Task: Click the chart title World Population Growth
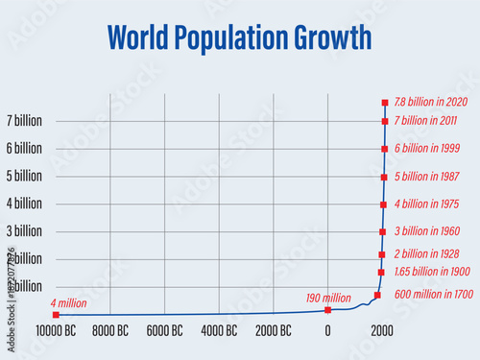click(x=239, y=37)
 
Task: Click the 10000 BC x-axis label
click(x=56, y=331)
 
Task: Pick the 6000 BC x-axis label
click(x=164, y=331)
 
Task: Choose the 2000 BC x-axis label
click(x=274, y=331)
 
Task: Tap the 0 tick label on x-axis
click(x=327, y=331)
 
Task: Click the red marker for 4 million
click(x=56, y=314)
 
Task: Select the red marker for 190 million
click(x=327, y=309)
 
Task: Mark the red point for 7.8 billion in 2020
click(x=385, y=102)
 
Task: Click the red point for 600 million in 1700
click(x=377, y=295)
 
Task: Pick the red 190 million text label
click(x=328, y=298)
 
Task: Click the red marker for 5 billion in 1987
click(x=384, y=177)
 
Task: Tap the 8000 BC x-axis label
click(x=109, y=331)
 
